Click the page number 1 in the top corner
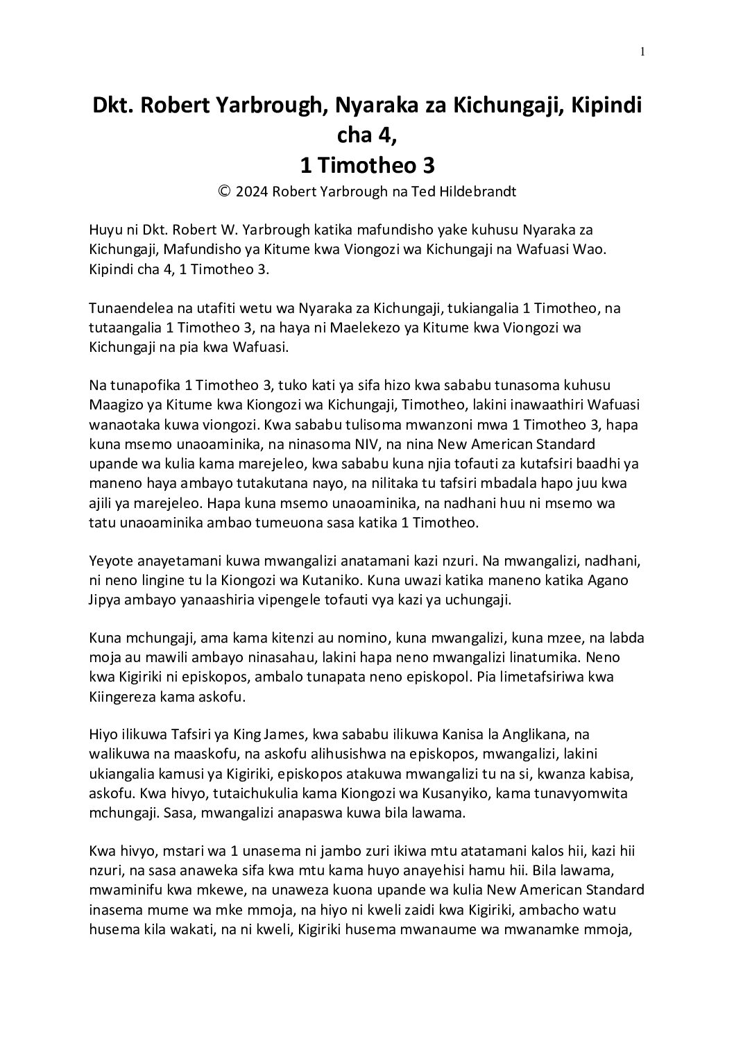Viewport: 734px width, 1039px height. [642, 51]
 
